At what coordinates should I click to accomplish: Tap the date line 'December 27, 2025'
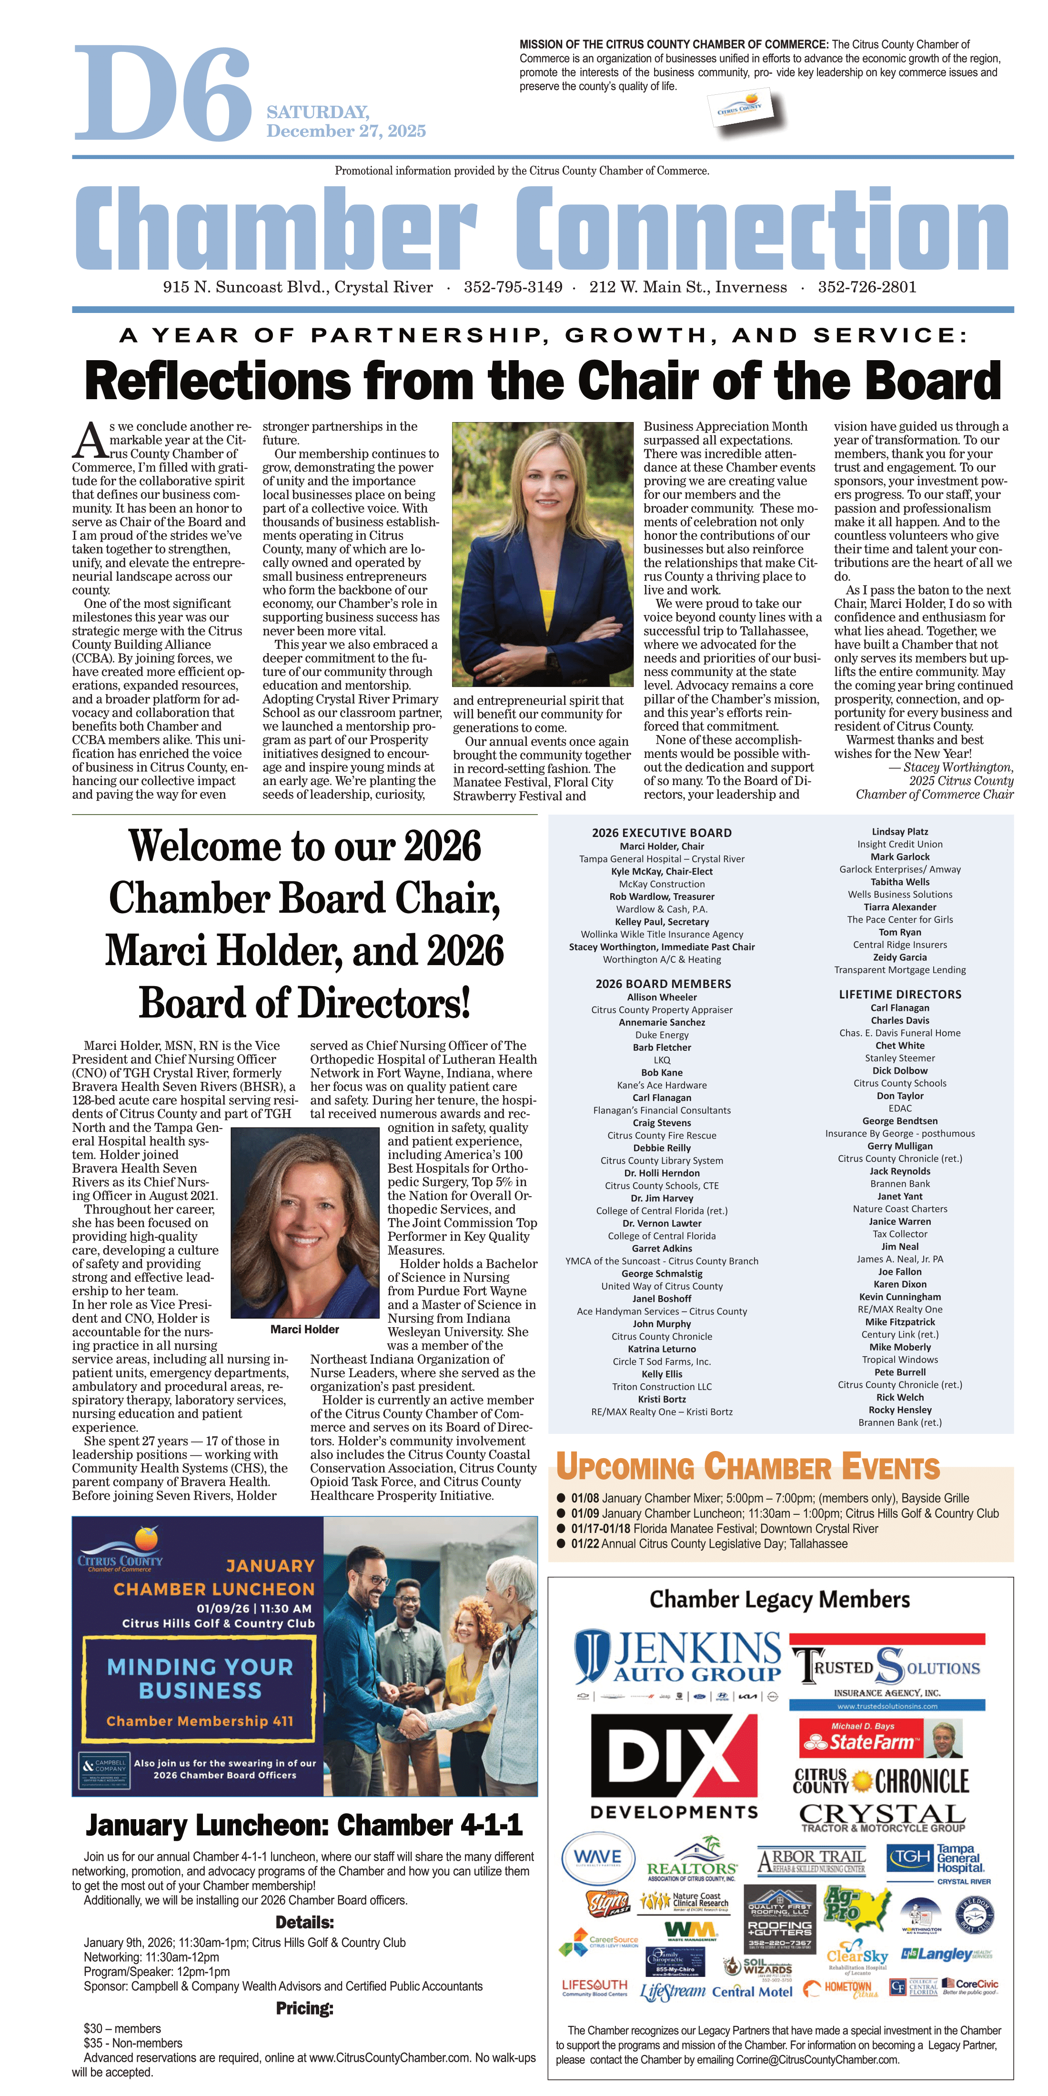346,131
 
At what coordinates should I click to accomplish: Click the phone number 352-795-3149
513,287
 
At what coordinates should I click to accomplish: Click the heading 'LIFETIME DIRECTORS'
900,994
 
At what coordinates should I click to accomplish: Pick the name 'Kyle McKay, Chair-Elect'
662,871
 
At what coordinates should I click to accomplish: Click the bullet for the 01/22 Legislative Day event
561,1543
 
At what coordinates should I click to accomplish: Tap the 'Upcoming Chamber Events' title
748,1467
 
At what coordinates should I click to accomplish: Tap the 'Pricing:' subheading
304,2009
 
